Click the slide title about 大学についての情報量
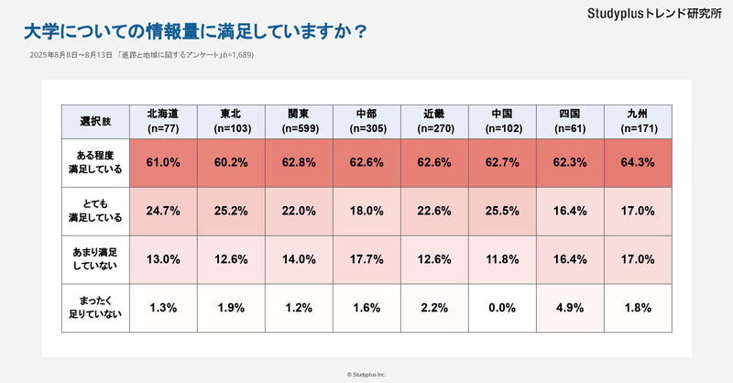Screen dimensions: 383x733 195,31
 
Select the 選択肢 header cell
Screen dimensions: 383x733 94,120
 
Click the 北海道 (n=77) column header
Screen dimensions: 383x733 162,120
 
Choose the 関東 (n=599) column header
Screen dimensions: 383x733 298,120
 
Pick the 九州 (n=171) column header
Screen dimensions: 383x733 638,120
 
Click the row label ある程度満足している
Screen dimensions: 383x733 94,162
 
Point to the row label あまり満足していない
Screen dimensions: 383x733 94,258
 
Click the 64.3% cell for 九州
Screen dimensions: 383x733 638,162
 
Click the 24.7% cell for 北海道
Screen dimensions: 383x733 162,210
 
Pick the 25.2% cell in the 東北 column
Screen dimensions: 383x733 230,210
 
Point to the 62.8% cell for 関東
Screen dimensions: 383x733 298,162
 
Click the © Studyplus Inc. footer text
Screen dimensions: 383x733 366,374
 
